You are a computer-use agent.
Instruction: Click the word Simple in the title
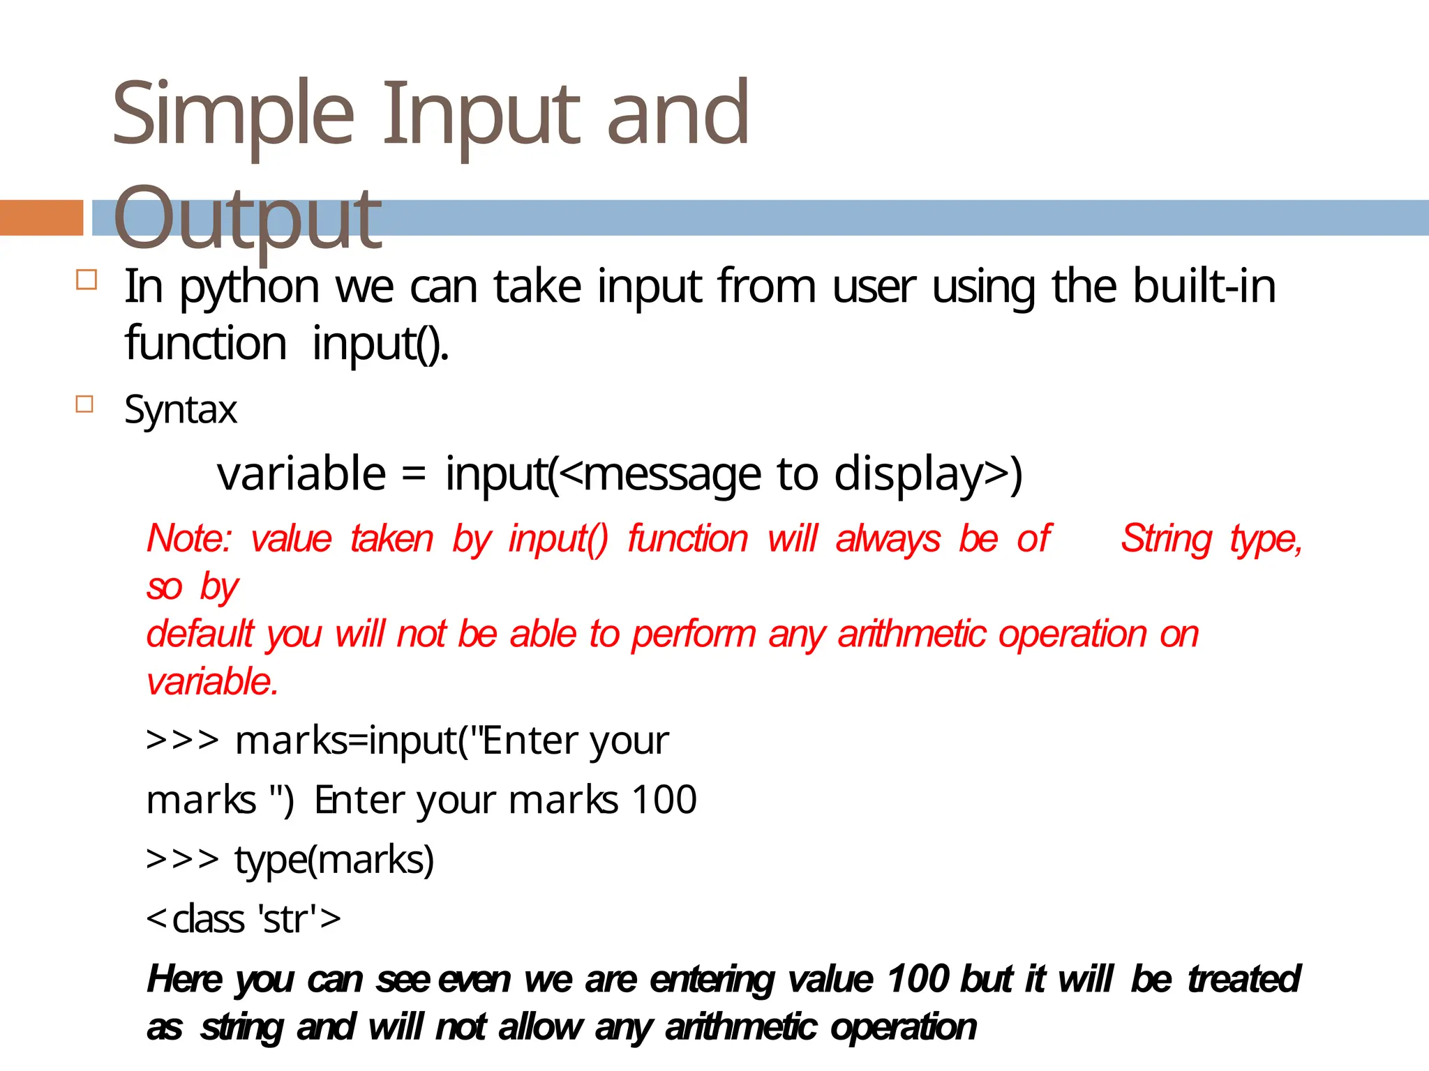coord(233,115)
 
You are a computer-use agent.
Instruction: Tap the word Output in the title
coord(247,218)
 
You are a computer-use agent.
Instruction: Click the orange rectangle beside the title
coord(41,218)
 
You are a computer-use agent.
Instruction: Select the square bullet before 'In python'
coord(87,280)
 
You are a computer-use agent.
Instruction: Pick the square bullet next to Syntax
coord(84,404)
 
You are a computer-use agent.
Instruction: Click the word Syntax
coord(181,409)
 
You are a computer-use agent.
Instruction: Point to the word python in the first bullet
coord(250,287)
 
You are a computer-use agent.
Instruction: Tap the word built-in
coord(1204,286)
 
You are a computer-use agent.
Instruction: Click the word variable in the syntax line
coord(301,473)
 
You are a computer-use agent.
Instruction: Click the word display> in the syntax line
coord(929,473)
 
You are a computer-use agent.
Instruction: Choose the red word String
coord(1167,539)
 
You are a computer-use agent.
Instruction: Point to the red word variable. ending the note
coord(213,681)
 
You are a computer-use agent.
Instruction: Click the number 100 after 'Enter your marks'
coord(664,799)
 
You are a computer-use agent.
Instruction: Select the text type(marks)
coord(334,859)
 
